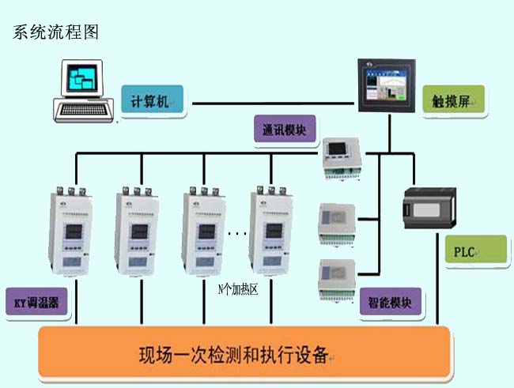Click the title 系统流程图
[x=55, y=34]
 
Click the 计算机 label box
[x=152, y=101]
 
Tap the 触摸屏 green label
[x=452, y=100]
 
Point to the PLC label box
[x=474, y=251]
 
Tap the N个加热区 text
[x=238, y=289]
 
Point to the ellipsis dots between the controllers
[x=237, y=234]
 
